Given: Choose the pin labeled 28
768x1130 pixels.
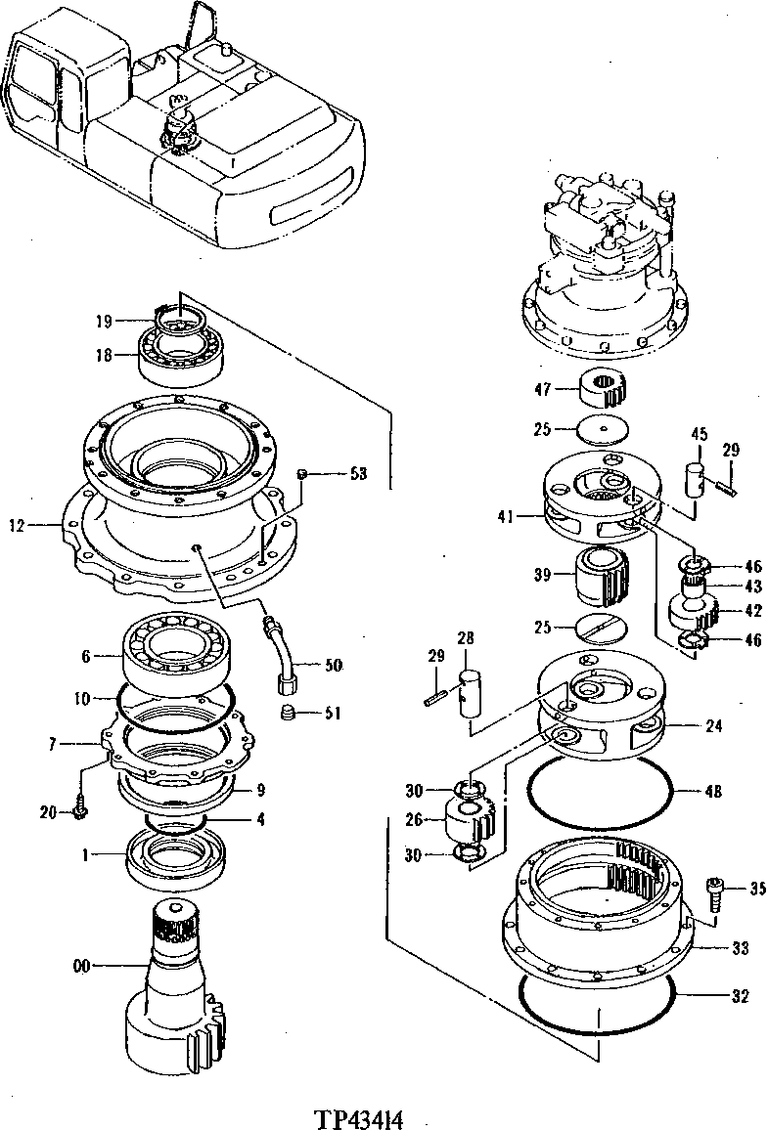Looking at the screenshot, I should click(x=467, y=692).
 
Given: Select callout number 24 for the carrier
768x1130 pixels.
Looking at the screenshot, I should click(x=713, y=725).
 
